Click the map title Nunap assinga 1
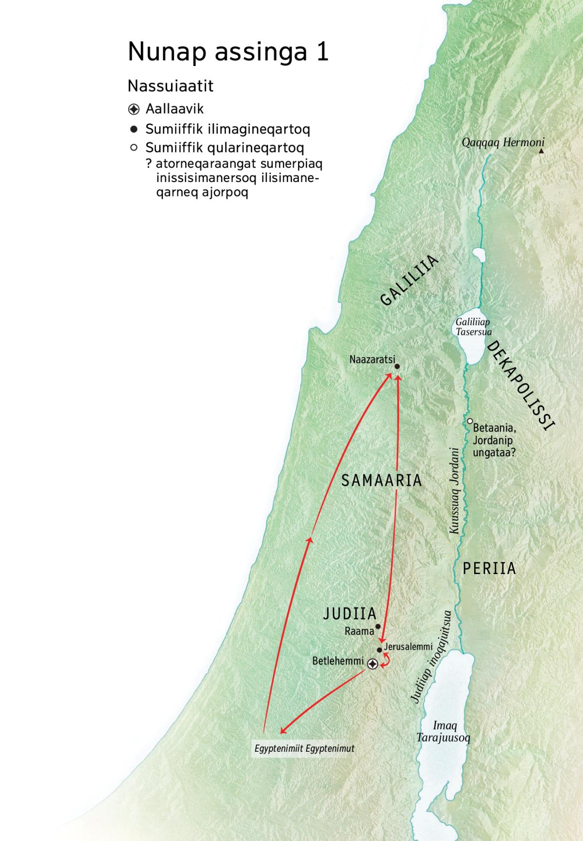click(x=228, y=52)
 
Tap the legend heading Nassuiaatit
click(x=171, y=86)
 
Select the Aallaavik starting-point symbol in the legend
click(x=134, y=109)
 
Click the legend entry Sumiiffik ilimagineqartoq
click(x=227, y=129)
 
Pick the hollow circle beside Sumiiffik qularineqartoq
click(x=134, y=147)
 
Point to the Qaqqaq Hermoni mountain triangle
click(x=541, y=151)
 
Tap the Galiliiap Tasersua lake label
click(x=473, y=327)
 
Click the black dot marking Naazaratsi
click(x=397, y=367)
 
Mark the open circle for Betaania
click(x=470, y=421)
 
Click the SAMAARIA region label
click(x=381, y=480)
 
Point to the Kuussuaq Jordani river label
click(x=454, y=491)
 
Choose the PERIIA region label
click(x=489, y=568)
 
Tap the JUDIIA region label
click(x=350, y=613)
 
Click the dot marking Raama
click(x=378, y=627)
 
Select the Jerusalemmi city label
click(x=408, y=646)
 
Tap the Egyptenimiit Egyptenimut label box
click(x=304, y=748)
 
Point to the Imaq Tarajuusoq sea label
click(x=443, y=732)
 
